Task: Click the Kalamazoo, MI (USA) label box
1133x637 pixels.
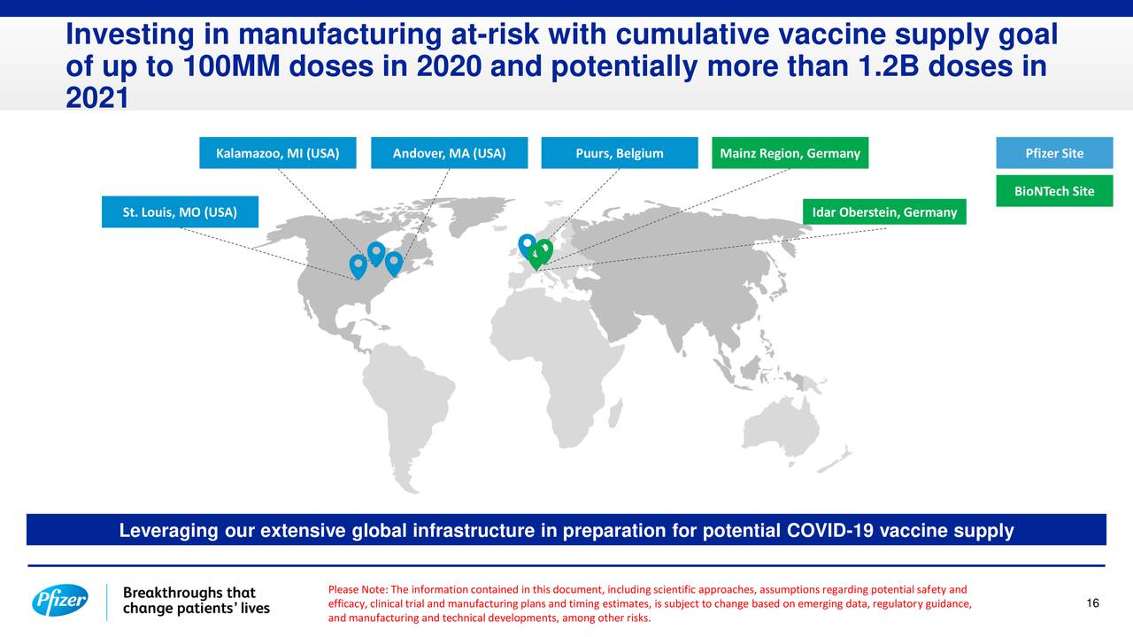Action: [278, 153]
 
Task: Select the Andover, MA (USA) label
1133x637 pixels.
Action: [449, 153]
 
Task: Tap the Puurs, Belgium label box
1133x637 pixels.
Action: [620, 153]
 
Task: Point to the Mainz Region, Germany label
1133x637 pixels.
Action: [790, 153]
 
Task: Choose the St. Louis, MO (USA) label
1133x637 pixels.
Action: [180, 211]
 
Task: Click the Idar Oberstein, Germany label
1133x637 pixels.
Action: [884, 211]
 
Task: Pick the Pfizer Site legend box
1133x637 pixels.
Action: [1054, 153]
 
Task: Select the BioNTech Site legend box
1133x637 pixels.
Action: [1054, 190]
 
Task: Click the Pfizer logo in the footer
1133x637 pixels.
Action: [60, 601]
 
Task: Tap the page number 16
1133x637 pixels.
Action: [1092, 602]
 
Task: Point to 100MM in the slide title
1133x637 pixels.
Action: [232, 66]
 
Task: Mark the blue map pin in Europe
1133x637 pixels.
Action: [527, 245]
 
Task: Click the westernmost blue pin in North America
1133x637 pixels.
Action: [358, 266]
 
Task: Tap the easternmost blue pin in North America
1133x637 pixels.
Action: [394, 264]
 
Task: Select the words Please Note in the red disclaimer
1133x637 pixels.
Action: [358, 589]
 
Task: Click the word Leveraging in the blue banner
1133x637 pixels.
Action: [169, 531]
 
